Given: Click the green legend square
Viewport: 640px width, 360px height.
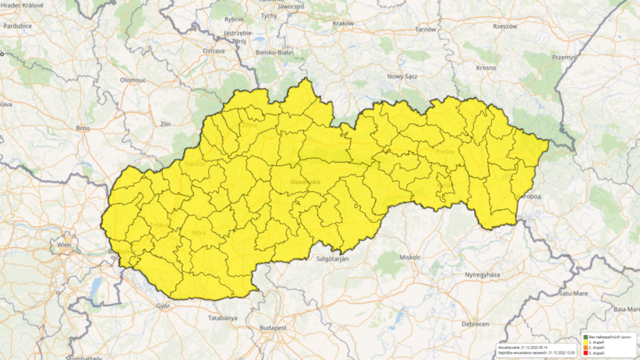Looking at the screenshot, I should [x=585, y=337].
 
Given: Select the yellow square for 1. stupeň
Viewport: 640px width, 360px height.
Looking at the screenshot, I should [x=585, y=342].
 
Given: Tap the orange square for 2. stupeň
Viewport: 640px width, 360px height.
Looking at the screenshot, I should [x=585, y=347].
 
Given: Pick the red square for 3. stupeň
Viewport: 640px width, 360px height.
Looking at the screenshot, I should [x=585, y=353].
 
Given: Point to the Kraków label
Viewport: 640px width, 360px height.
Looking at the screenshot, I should [x=344, y=23].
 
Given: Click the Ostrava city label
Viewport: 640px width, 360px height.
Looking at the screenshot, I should [x=213, y=50].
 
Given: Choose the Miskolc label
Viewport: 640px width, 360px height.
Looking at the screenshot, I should [x=411, y=258].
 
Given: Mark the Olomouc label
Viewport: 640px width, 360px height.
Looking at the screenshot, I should [x=133, y=80].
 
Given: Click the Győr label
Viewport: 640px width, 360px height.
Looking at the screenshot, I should [x=163, y=306].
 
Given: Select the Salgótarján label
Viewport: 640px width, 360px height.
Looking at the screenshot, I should [x=332, y=258].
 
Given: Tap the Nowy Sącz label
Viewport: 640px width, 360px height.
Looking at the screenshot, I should [x=403, y=76].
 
